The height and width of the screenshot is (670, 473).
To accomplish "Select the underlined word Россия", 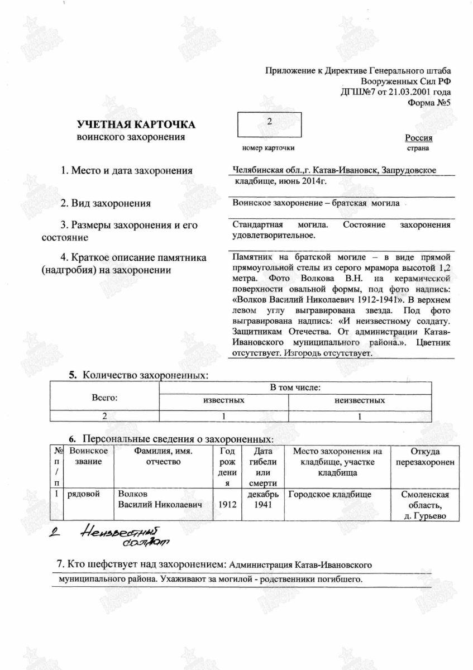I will point(418,138).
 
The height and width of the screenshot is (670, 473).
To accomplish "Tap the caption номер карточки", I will point(268,148).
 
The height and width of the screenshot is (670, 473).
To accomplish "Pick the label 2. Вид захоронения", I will point(106,203).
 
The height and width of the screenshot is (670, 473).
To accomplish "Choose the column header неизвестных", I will point(359,400).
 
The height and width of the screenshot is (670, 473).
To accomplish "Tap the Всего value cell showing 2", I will point(104,416).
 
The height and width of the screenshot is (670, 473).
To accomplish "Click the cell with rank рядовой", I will point(83,495).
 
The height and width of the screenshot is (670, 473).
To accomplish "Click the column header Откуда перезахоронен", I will point(424,457).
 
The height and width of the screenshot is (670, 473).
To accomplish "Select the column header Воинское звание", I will point(88,457).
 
